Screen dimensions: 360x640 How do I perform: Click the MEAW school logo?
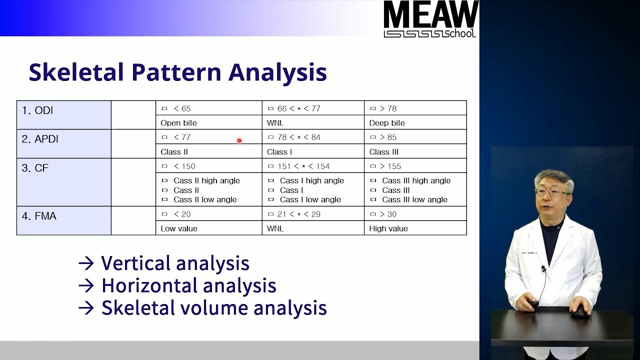click(x=430, y=19)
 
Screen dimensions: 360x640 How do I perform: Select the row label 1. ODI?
click(x=37, y=110)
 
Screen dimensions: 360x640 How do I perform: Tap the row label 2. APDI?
click(x=40, y=139)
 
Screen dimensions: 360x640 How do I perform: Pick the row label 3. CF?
click(x=35, y=168)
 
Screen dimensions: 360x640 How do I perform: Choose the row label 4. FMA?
click(x=39, y=216)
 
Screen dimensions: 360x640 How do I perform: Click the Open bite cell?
click(x=178, y=123)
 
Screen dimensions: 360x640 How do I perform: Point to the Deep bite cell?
click(x=387, y=123)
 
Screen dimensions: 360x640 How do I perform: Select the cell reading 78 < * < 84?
click(x=299, y=137)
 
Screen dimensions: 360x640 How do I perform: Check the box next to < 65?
click(x=164, y=108)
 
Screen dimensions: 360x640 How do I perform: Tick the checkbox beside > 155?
click(x=373, y=166)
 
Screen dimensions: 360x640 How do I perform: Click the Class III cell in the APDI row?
click(x=384, y=152)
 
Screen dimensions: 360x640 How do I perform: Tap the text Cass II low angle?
click(x=205, y=200)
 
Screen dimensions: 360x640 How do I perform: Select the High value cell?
click(x=388, y=229)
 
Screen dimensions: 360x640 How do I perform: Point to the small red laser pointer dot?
click(x=239, y=140)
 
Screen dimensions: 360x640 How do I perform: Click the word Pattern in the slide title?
click(x=176, y=72)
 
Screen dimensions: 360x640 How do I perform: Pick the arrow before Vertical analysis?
click(x=86, y=263)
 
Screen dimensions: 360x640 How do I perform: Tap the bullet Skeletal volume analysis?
click(x=213, y=308)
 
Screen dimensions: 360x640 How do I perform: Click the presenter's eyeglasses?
click(x=552, y=192)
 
